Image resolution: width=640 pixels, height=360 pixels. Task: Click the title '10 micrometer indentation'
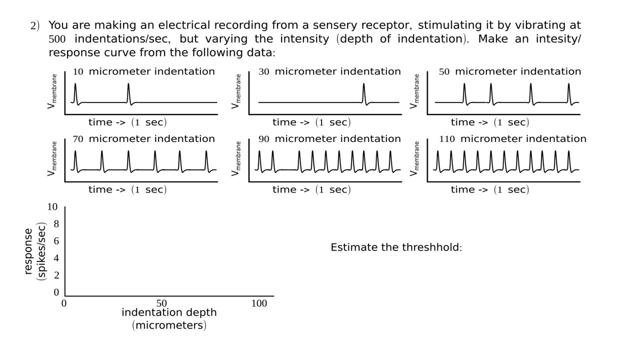point(143,71)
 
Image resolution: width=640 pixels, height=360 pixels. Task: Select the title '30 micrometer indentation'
point(329,71)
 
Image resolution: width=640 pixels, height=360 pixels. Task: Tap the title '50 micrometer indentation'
point(510,71)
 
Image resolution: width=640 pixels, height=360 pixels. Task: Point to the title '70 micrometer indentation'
point(143,139)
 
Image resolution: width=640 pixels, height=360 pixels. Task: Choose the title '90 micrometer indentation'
point(329,139)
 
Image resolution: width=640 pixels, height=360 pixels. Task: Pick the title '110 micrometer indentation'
point(512,139)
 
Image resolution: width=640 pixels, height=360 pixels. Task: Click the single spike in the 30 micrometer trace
point(364,92)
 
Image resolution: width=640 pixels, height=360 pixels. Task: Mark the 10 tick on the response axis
point(53,207)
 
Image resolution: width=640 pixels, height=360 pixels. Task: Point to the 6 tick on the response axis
point(56,241)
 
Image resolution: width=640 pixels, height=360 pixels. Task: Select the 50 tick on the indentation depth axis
point(161,303)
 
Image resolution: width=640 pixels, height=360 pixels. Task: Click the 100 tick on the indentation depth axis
point(259,303)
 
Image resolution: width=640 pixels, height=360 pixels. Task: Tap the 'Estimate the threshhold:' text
point(396,247)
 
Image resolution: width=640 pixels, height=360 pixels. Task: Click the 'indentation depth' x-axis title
point(169,313)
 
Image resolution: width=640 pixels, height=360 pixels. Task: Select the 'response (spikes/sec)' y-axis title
point(34,251)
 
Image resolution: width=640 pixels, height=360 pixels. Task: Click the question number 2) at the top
point(35,26)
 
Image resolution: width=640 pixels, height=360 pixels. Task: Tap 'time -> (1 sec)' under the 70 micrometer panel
point(127,190)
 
